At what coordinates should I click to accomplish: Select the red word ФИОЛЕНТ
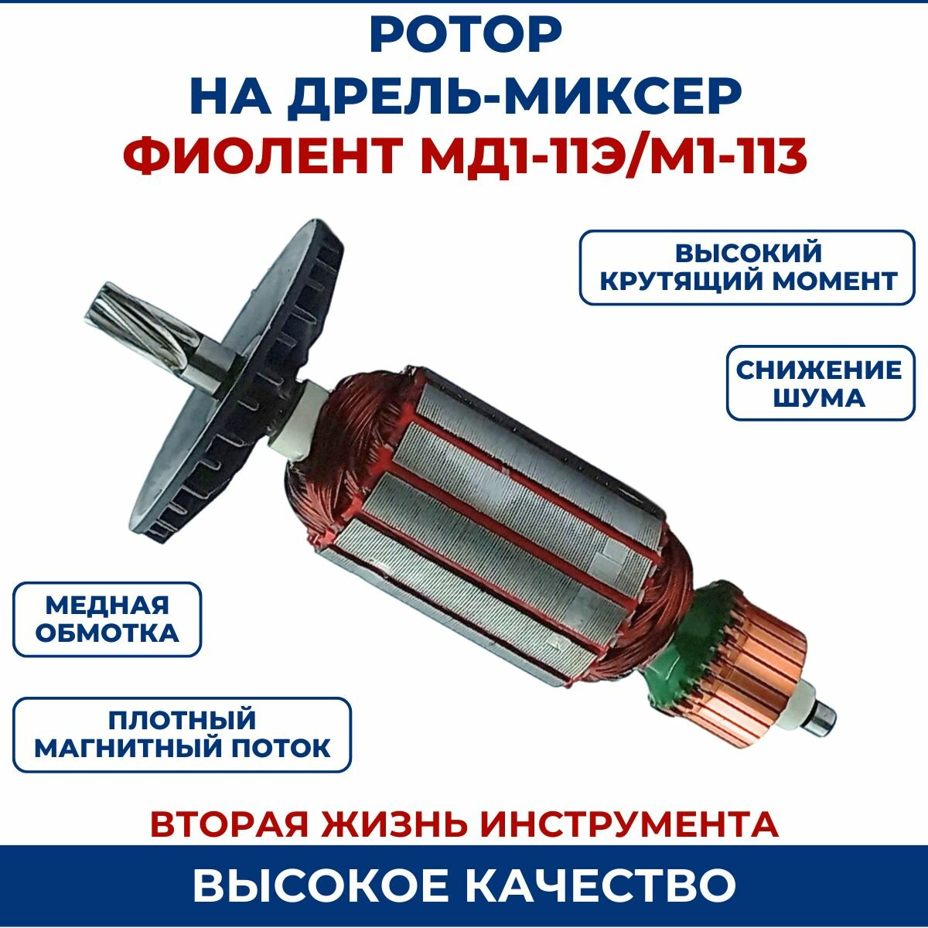260,155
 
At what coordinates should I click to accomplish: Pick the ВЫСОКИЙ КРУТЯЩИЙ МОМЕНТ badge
747,267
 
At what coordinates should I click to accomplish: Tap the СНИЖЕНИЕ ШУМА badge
820,383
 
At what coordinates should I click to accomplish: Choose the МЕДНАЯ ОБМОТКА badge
107,619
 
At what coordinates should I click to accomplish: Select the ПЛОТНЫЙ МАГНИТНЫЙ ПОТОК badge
183,734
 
